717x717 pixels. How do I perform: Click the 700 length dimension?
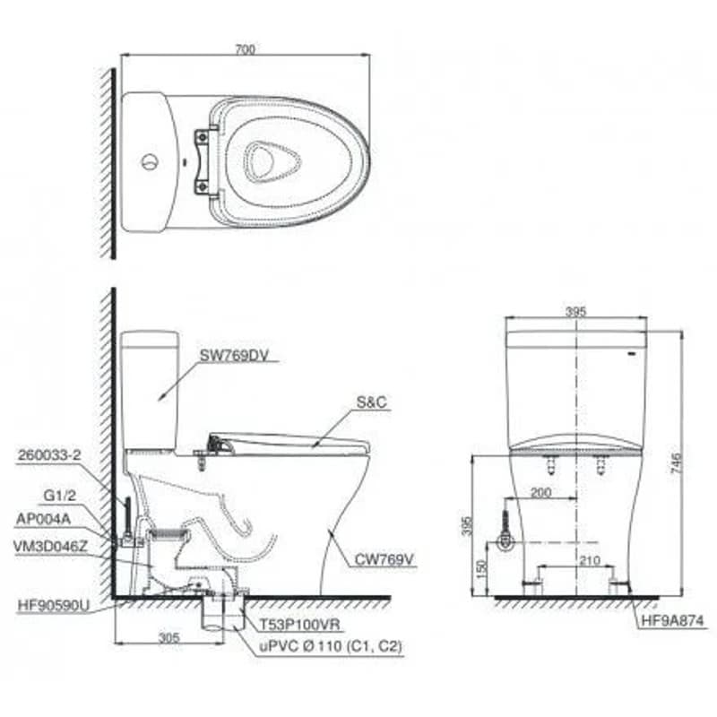(245, 49)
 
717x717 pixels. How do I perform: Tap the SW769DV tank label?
(234, 355)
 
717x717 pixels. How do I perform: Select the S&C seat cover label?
(372, 402)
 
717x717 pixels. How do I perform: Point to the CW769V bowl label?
(384, 559)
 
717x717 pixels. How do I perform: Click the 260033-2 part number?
(49, 455)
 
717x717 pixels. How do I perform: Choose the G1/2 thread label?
(59, 496)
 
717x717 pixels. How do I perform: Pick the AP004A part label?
(43, 519)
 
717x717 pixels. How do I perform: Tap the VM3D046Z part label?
(50, 547)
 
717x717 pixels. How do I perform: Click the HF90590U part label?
(54, 606)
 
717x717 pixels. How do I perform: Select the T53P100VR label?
(300, 625)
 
